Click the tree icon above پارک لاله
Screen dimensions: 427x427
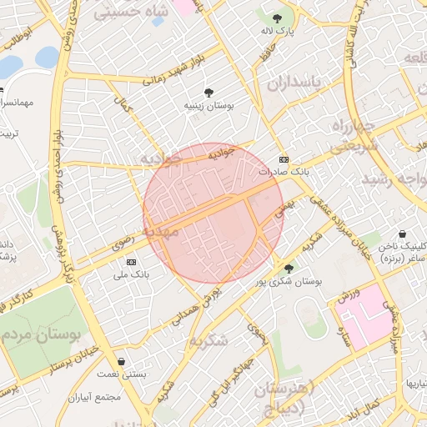(x=277, y=18)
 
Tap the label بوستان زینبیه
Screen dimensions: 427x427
(x=208, y=107)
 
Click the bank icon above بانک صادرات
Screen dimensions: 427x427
(x=284, y=158)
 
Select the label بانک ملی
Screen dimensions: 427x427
(x=130, y=274)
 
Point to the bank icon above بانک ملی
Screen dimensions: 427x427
(x=130, y=262)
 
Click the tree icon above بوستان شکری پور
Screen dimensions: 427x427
(x=289, y=268)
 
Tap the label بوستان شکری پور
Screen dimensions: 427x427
(x=289, y=282)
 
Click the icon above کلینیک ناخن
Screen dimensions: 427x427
(x=403, y=234)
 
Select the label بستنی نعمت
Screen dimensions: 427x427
(x=123, y=375)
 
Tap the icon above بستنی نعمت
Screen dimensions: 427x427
(x=123, y=362)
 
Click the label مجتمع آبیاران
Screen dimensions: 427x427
(x=120, y=397)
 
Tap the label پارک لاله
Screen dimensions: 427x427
(x=277, y=31)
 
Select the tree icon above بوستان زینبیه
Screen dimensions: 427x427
(x=208, y=93)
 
